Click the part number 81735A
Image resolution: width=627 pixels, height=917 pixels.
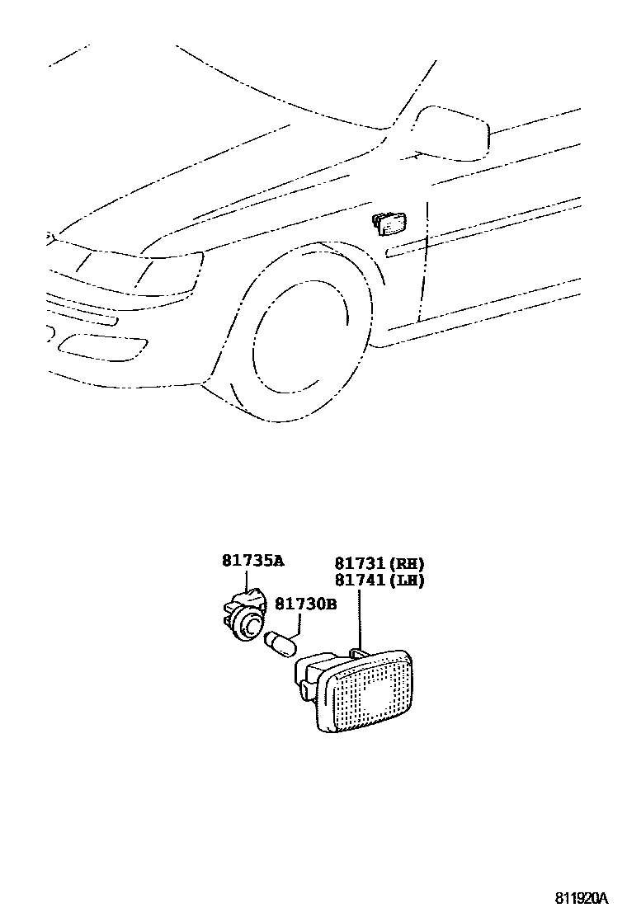[x=252, y=562]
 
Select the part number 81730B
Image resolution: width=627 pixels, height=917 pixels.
[x=305, y=604]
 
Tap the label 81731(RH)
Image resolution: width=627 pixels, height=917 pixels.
[x=379, y=564]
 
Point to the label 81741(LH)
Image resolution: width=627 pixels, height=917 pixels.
[x=379, y=581]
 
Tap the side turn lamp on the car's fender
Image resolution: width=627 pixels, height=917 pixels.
[x=389, y=223]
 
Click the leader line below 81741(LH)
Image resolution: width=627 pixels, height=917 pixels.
[x=361, y=618]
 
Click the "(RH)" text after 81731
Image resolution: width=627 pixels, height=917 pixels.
[x=408, y=564]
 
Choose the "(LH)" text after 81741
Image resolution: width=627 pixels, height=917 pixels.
[x=408, y=581]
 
